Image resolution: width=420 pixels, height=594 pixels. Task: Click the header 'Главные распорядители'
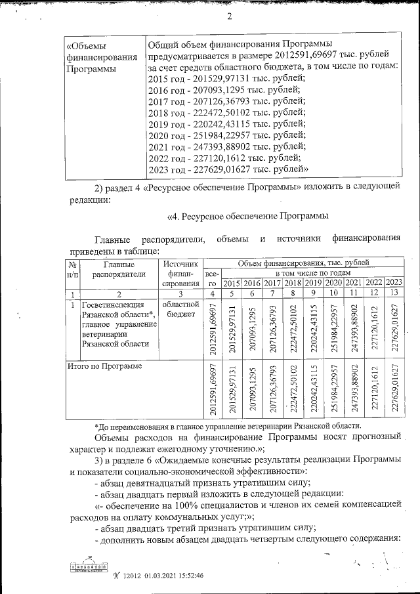[x=119, y=269]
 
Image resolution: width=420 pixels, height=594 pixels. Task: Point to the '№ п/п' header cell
[x=73, y=269]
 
